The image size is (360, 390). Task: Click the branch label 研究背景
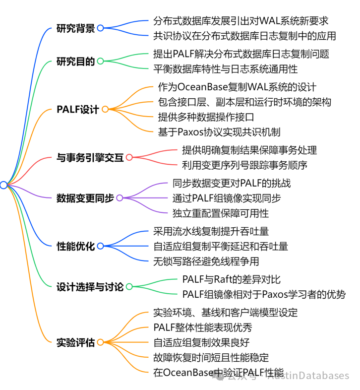(x=75, y=28)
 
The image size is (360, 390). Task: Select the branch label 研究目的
(x=75, y=61)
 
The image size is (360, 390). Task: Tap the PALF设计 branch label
(x=78, y=110)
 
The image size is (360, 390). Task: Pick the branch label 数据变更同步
(x=85, y=198)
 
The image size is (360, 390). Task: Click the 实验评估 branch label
(x=75, y=342)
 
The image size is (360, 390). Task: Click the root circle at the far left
(x=3, y=185)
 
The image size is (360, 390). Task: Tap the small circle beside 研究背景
(x=100, y=28)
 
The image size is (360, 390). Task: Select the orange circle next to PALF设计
(x=105, y=110)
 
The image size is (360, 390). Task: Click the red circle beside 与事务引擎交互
(x=129, y=157)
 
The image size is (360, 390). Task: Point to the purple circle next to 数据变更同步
(x=119, y=198)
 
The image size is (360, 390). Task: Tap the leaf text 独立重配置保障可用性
(x=220, y=213)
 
